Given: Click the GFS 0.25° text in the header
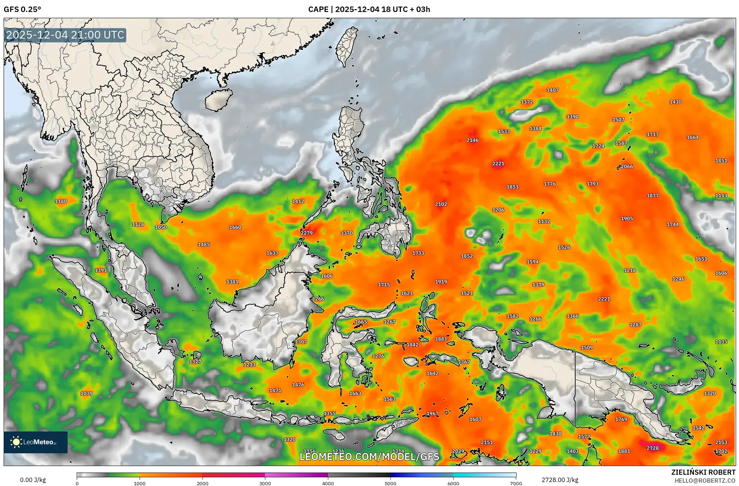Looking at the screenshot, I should point(22,9).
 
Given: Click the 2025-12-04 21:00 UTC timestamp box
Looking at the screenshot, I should point(65,35).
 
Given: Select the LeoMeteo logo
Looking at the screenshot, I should point(36,442).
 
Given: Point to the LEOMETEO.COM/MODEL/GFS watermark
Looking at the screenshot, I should point(369,457).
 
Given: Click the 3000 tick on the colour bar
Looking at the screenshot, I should point(265,483).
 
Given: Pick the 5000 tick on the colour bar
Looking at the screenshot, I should point(390,483).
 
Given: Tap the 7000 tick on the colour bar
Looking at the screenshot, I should point(516,483).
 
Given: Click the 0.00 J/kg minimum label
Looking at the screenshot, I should point(33,480).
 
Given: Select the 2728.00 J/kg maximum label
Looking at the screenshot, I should point(560,480).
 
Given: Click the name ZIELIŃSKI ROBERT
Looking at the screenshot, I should point(703,472).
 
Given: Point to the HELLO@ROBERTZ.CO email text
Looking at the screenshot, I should point(705,481).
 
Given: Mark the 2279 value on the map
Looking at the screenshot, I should point(306,233).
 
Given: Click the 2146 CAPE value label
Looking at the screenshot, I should point(472,140).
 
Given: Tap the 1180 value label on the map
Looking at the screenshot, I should point(61,201).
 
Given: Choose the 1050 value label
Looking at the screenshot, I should point(161,228).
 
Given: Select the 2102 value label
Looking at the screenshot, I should point(441,204).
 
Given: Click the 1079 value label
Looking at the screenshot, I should point(87,393).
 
